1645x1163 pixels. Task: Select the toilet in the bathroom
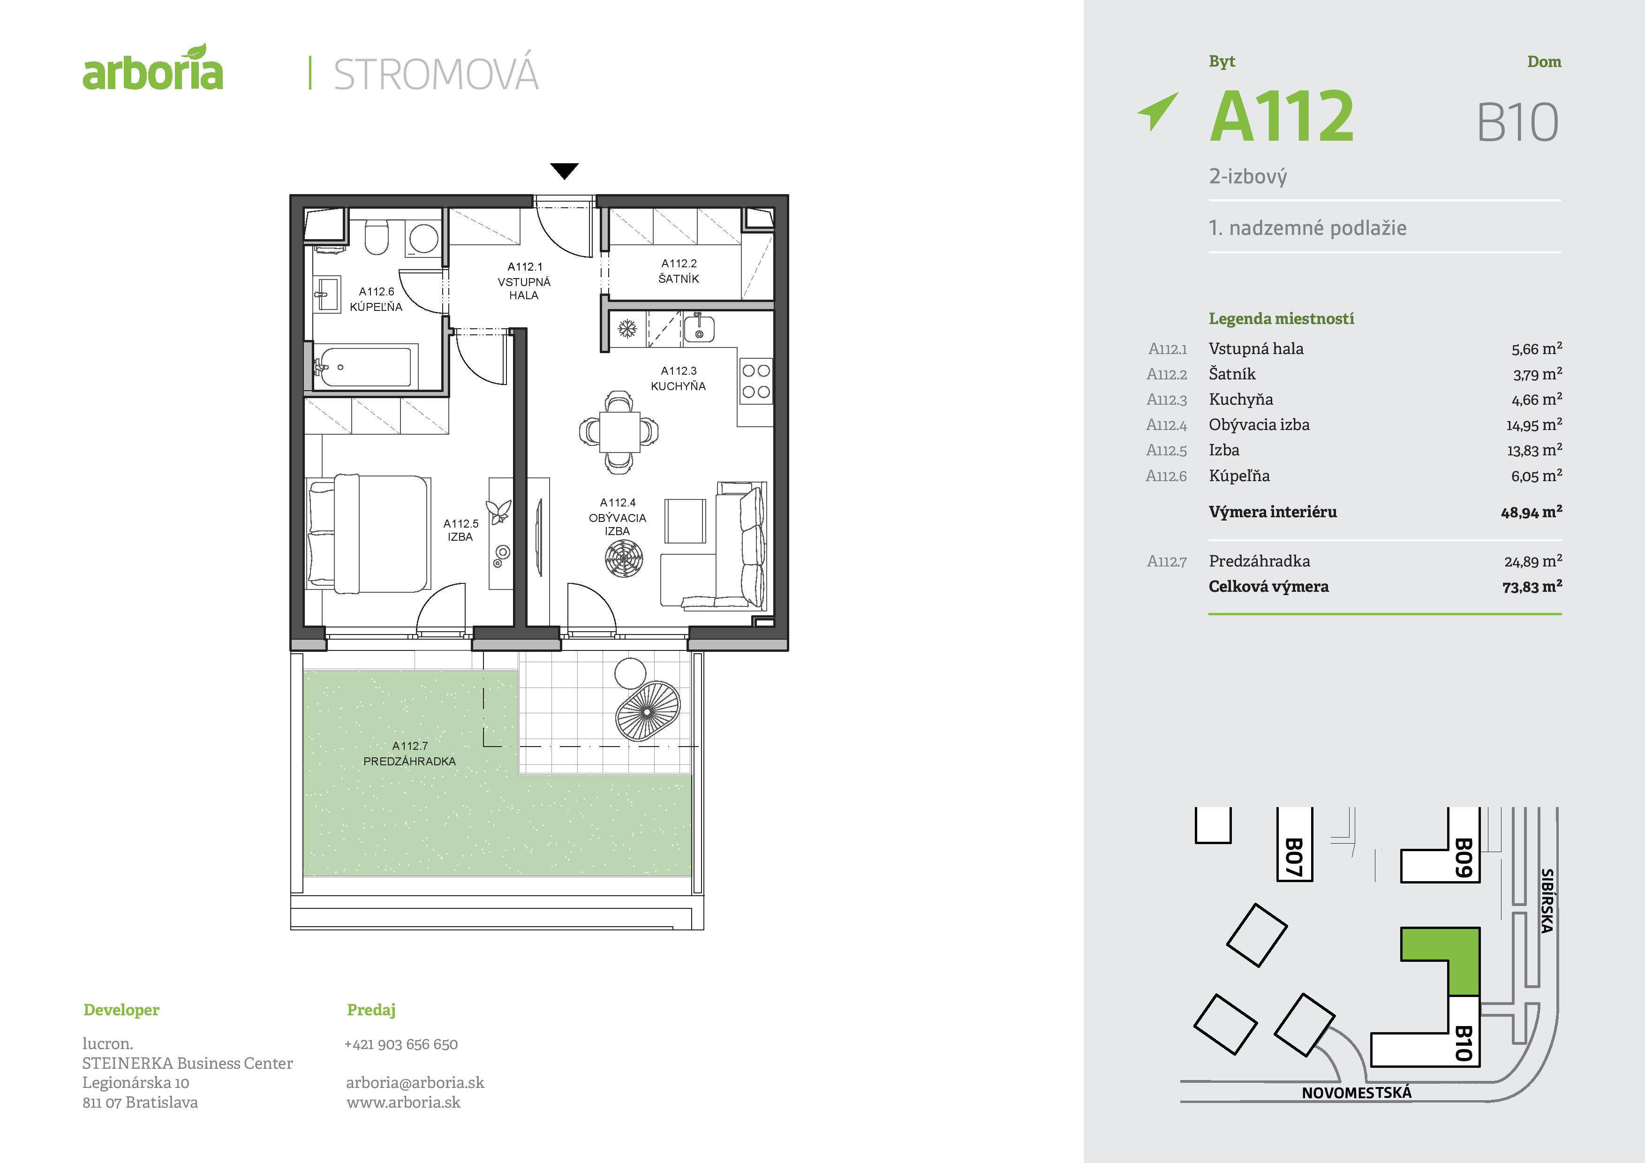click(377, 237)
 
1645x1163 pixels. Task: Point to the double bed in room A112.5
click(368, 534)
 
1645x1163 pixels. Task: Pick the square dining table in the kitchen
click(619, 431)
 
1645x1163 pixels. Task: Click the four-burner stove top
click(756, 381)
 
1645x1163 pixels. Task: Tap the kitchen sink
click(699, 328)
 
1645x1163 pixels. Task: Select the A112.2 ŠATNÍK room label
click(679, 271)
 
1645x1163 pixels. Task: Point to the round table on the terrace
click(630, 673)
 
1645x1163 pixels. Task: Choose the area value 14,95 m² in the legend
click(1533, 425)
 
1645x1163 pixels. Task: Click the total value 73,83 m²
click(1532, 587)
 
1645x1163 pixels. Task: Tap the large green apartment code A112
click(1282, 116)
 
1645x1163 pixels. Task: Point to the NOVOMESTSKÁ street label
click(1356, 1093)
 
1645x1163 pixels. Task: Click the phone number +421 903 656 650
click(401, 1044)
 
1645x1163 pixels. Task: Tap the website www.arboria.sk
click(403, 1102)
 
